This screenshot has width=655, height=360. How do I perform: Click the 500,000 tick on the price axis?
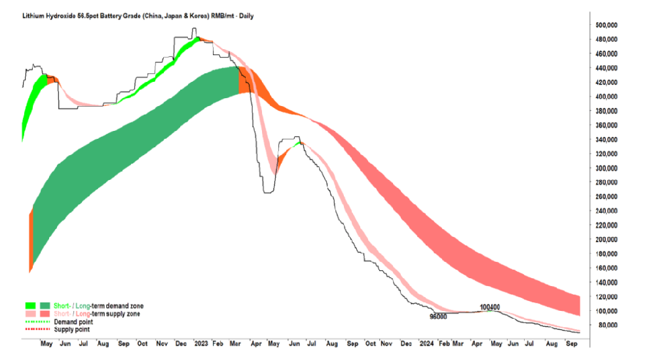coord(607,25)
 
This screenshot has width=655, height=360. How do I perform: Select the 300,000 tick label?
coord(607,168)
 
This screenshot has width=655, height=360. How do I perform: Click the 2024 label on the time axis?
coord(426,342)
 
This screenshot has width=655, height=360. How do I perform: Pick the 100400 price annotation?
coord(490,307)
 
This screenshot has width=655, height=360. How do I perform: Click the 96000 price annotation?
coord(438,317)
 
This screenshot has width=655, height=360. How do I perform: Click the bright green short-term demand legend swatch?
coord(29,306)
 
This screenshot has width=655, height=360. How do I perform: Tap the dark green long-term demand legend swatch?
coord(45,306)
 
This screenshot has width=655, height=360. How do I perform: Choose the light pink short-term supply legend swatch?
coord(29,314)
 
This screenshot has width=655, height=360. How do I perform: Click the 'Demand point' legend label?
coord(73,321)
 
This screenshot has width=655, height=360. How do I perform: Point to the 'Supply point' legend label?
coord(71,329)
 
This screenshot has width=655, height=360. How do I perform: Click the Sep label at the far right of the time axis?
coord(571,342)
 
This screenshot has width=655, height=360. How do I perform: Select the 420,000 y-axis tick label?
coord(607,82)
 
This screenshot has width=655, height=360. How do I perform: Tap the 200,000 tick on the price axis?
coord(607,239)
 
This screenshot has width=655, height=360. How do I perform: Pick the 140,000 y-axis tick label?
coord(607,282)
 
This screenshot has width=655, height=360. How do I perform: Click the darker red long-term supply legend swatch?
coord(45,314)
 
